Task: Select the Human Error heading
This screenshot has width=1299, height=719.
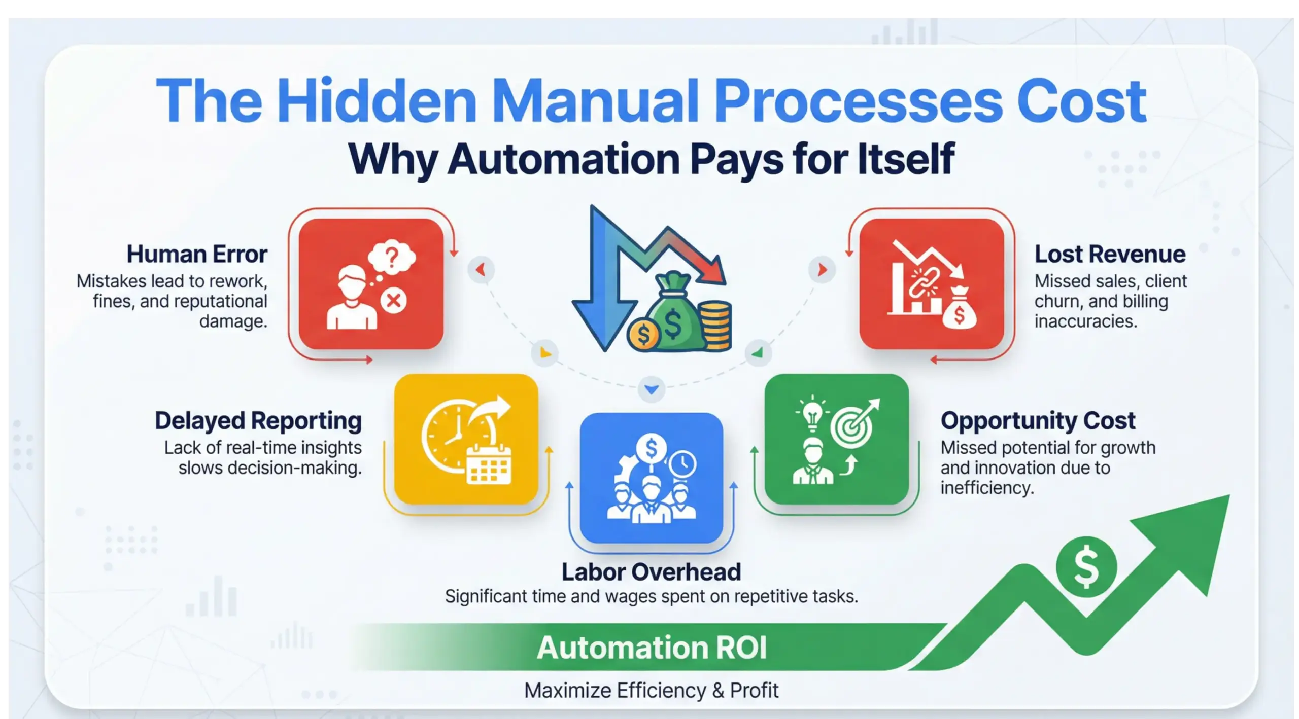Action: (x=197, y=254)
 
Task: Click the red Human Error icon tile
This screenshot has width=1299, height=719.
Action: (x=371, y=284)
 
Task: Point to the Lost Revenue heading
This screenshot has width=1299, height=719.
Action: (x=1110, y=254)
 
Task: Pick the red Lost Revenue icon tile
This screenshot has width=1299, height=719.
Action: (x=932, y=284)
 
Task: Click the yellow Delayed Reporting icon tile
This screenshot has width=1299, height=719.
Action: (x=466, y=439)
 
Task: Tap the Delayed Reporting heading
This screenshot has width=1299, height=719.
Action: (x=258, y=421)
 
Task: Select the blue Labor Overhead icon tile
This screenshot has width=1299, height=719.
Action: (x=652, y=478)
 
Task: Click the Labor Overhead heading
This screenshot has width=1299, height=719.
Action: (x=651, y=572)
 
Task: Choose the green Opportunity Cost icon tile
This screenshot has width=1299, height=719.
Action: (x=836, y=439)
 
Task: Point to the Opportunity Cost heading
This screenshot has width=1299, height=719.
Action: (x=1038, y=421)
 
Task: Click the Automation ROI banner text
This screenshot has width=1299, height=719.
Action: (x=652, y=648)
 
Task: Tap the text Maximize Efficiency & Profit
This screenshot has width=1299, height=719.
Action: (x=651, y=690)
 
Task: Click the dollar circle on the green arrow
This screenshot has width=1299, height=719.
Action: (x=1086, y=566)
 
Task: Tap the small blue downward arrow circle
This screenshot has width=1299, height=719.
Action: (x=652, y=389)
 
